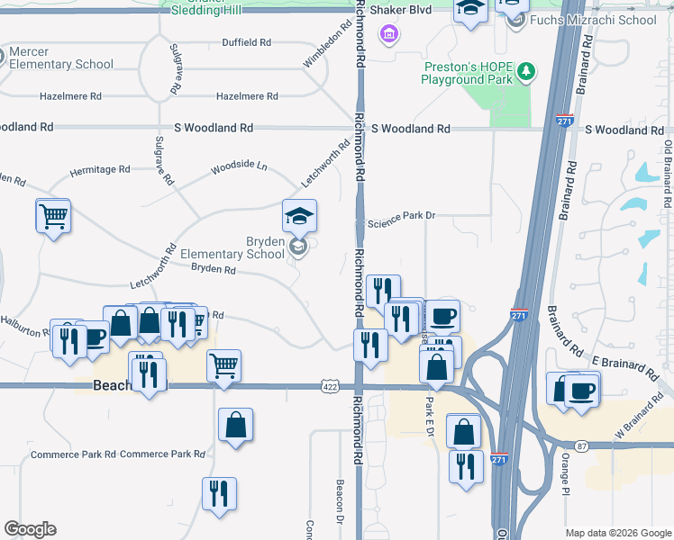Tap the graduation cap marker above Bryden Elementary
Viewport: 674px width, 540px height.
(299, 216)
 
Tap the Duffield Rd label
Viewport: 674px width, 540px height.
(247, 42)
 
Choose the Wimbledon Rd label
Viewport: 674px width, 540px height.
(324, 52)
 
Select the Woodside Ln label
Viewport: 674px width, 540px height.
(239, 166)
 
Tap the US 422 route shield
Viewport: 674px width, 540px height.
(329, 386)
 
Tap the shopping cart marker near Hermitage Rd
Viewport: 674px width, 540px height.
(53, 216)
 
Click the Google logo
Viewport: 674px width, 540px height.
(30, 529)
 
